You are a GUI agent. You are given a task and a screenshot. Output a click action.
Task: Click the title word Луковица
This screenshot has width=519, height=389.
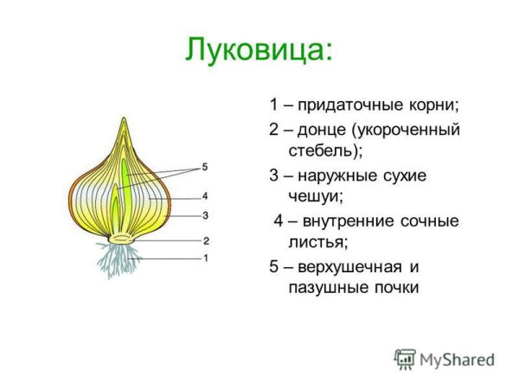(x=257, y=49)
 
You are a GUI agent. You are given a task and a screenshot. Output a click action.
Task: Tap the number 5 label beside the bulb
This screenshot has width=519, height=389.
(x=205, y=167)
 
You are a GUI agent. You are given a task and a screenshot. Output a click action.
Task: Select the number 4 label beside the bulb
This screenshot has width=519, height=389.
(x=205, y=196)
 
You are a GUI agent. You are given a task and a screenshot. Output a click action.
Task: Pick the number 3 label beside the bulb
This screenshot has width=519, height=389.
(x=205, y=214)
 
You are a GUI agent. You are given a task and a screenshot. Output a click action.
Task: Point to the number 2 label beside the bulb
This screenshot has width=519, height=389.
(x=205, y=240)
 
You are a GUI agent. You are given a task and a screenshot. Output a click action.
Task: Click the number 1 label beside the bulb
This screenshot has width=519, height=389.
(x=205, y=258)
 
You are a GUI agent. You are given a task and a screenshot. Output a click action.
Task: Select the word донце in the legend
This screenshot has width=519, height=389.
(x=323, y=130)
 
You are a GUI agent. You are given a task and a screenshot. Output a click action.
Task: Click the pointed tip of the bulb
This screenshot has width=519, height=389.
(x=121, y=121)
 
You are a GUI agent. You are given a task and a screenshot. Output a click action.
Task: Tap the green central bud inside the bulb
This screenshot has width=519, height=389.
(x=124, y=186)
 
